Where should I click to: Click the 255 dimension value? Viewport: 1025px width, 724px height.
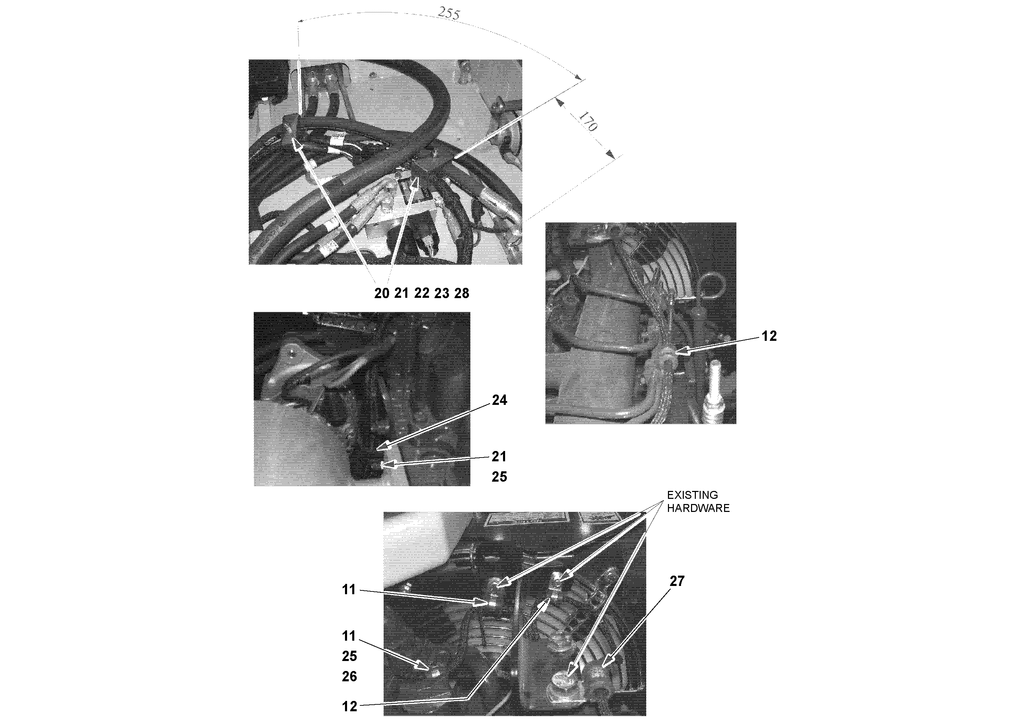click(449, 13)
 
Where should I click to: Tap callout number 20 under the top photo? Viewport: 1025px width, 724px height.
click(382, 293)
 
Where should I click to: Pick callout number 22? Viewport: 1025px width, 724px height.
click(422, 293)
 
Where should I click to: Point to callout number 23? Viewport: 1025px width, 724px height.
click(441, 293)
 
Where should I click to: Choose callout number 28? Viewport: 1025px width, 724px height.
click(462, 293)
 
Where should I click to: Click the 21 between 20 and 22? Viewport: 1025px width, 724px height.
click(402, 293)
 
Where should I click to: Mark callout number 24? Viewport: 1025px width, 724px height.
click(499, 400)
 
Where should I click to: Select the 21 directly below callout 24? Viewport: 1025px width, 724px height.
click(499, 456)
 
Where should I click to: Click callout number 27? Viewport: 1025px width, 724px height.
click(677, 581)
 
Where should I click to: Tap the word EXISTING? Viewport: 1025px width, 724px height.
click(692, 495)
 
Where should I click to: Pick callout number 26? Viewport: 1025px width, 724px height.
click(349, 676)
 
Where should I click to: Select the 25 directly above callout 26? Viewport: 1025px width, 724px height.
click(349, 656)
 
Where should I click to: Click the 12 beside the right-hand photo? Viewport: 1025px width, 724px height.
click(769, 336)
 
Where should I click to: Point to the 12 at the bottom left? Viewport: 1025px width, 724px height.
click(349, 706)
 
